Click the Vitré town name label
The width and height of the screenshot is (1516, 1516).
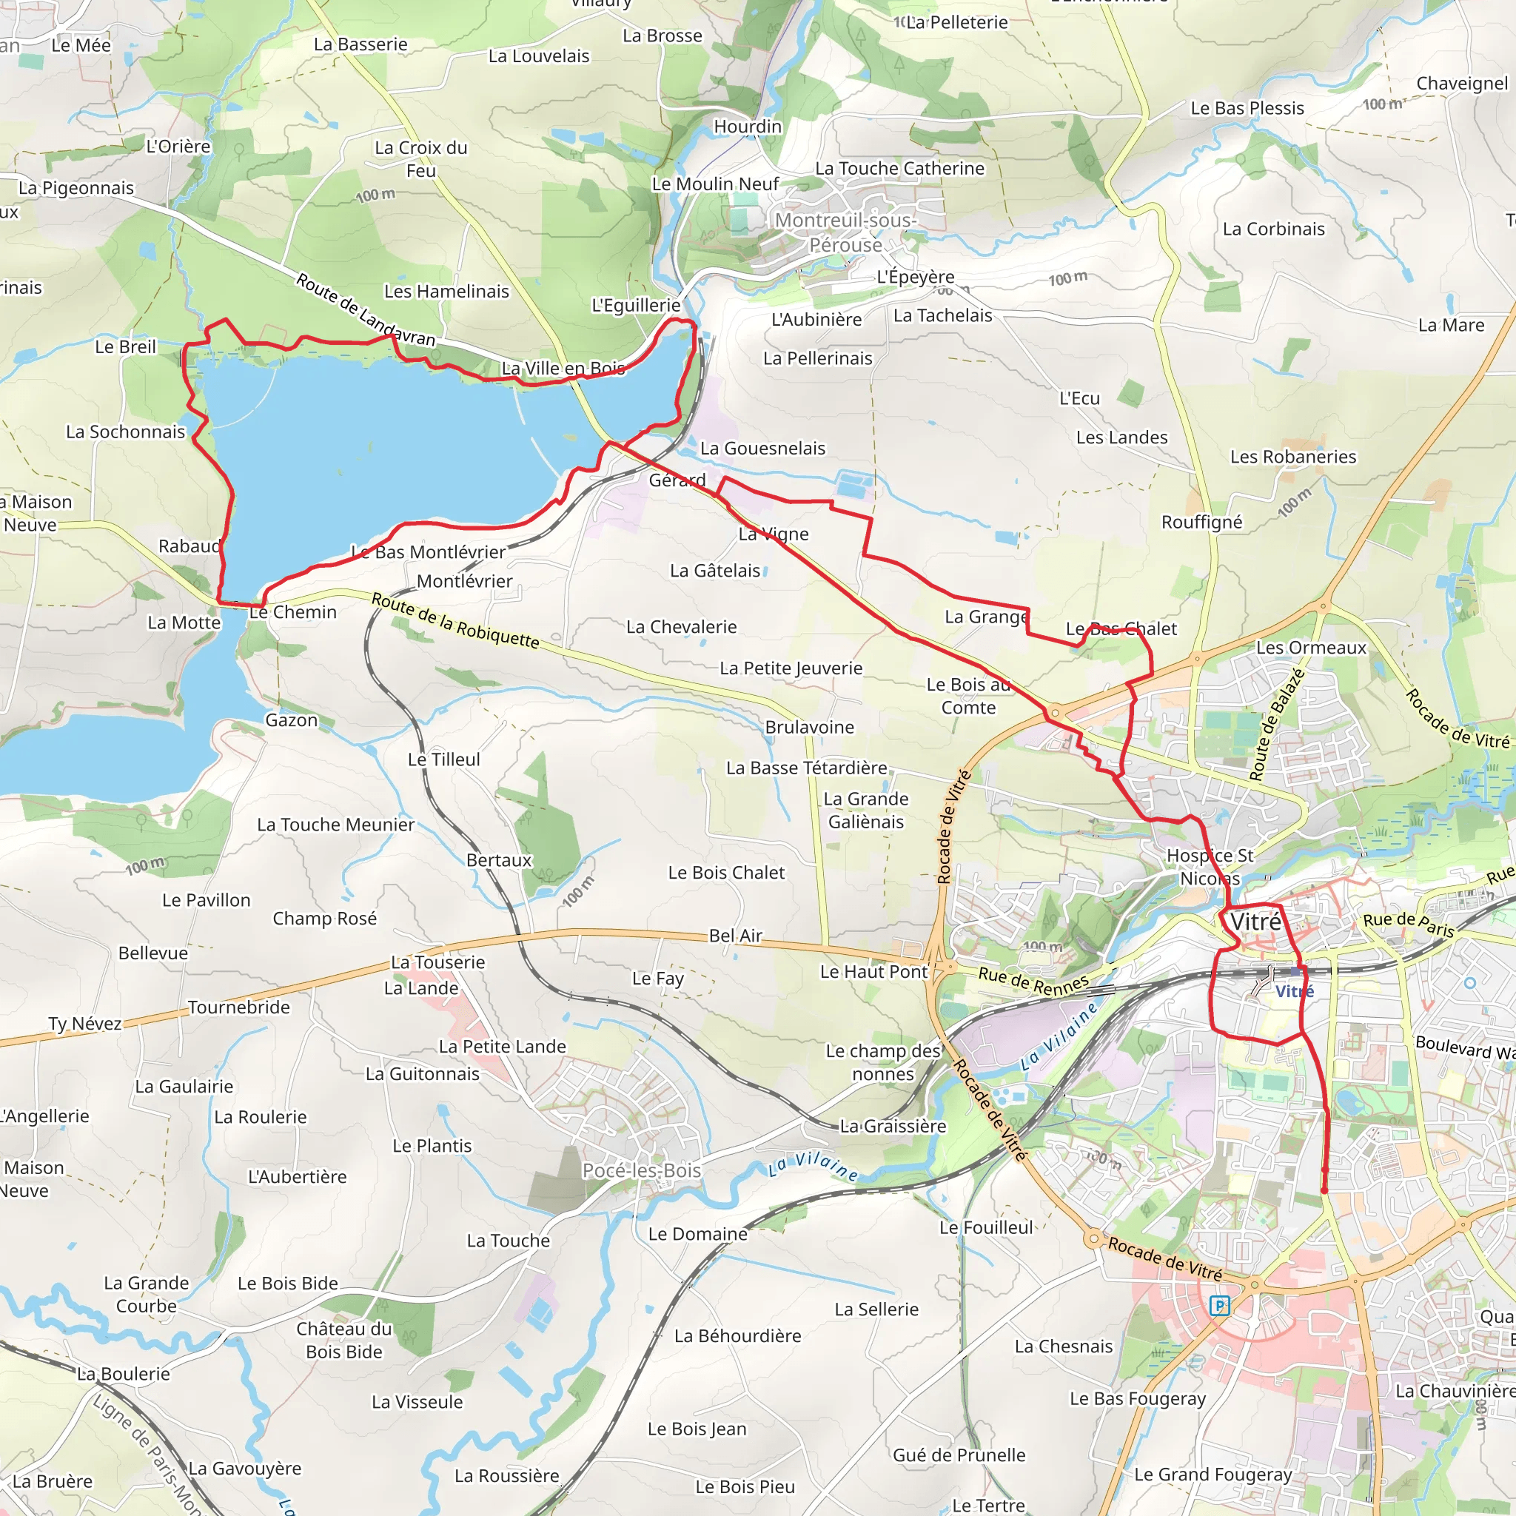[1255, 922]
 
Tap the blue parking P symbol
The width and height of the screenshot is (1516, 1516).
[1219, 1306]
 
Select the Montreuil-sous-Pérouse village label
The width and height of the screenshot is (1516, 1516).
[845, 232]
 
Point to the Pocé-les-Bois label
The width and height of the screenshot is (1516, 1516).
[641, 1170]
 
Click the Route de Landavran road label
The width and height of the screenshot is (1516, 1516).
[365, 310]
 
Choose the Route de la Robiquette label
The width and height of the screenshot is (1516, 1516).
[455, 620]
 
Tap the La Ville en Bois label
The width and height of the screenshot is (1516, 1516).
[563, 368]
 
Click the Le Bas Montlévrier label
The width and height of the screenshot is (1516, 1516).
[429, 552]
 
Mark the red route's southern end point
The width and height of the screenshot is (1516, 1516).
[1324, 1190]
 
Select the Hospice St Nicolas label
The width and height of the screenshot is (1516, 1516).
[1210, 867]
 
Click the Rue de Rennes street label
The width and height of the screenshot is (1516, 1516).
[1033, 980]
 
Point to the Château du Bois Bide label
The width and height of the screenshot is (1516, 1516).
[343, 1341]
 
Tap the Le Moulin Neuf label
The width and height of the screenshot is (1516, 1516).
[715, 184]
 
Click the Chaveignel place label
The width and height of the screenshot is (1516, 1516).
[1462, 83]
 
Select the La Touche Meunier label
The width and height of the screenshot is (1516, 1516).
[336, 825]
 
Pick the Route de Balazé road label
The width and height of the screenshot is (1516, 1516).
[1277, 724]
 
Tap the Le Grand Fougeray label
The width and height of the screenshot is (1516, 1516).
[1213, 1475]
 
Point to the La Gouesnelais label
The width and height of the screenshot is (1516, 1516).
[762, 448]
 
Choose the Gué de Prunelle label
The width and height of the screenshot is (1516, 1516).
[959, 1455]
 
